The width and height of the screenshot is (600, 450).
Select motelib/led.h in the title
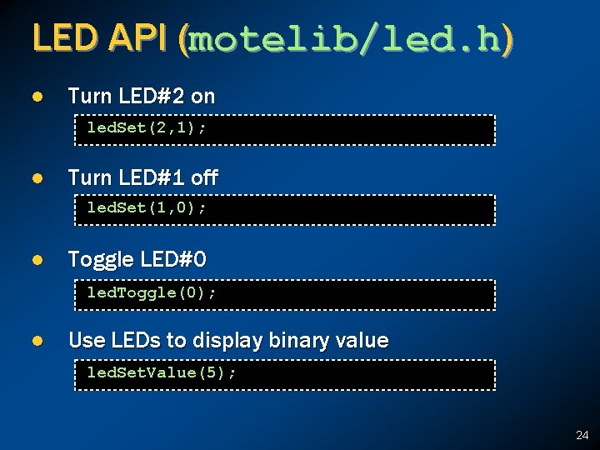coord(346,39)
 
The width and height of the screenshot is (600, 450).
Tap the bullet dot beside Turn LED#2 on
coord(37,97)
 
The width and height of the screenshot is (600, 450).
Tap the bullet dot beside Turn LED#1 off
coord(37,178)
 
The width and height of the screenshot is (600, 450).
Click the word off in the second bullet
coord(205,177)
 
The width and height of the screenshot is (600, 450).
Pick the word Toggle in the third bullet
coord(98,260)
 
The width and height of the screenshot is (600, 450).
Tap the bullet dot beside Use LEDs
coord(37,341)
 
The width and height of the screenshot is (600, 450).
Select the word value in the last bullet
coord(362,340)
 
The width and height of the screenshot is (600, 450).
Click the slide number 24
coord(582,435)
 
